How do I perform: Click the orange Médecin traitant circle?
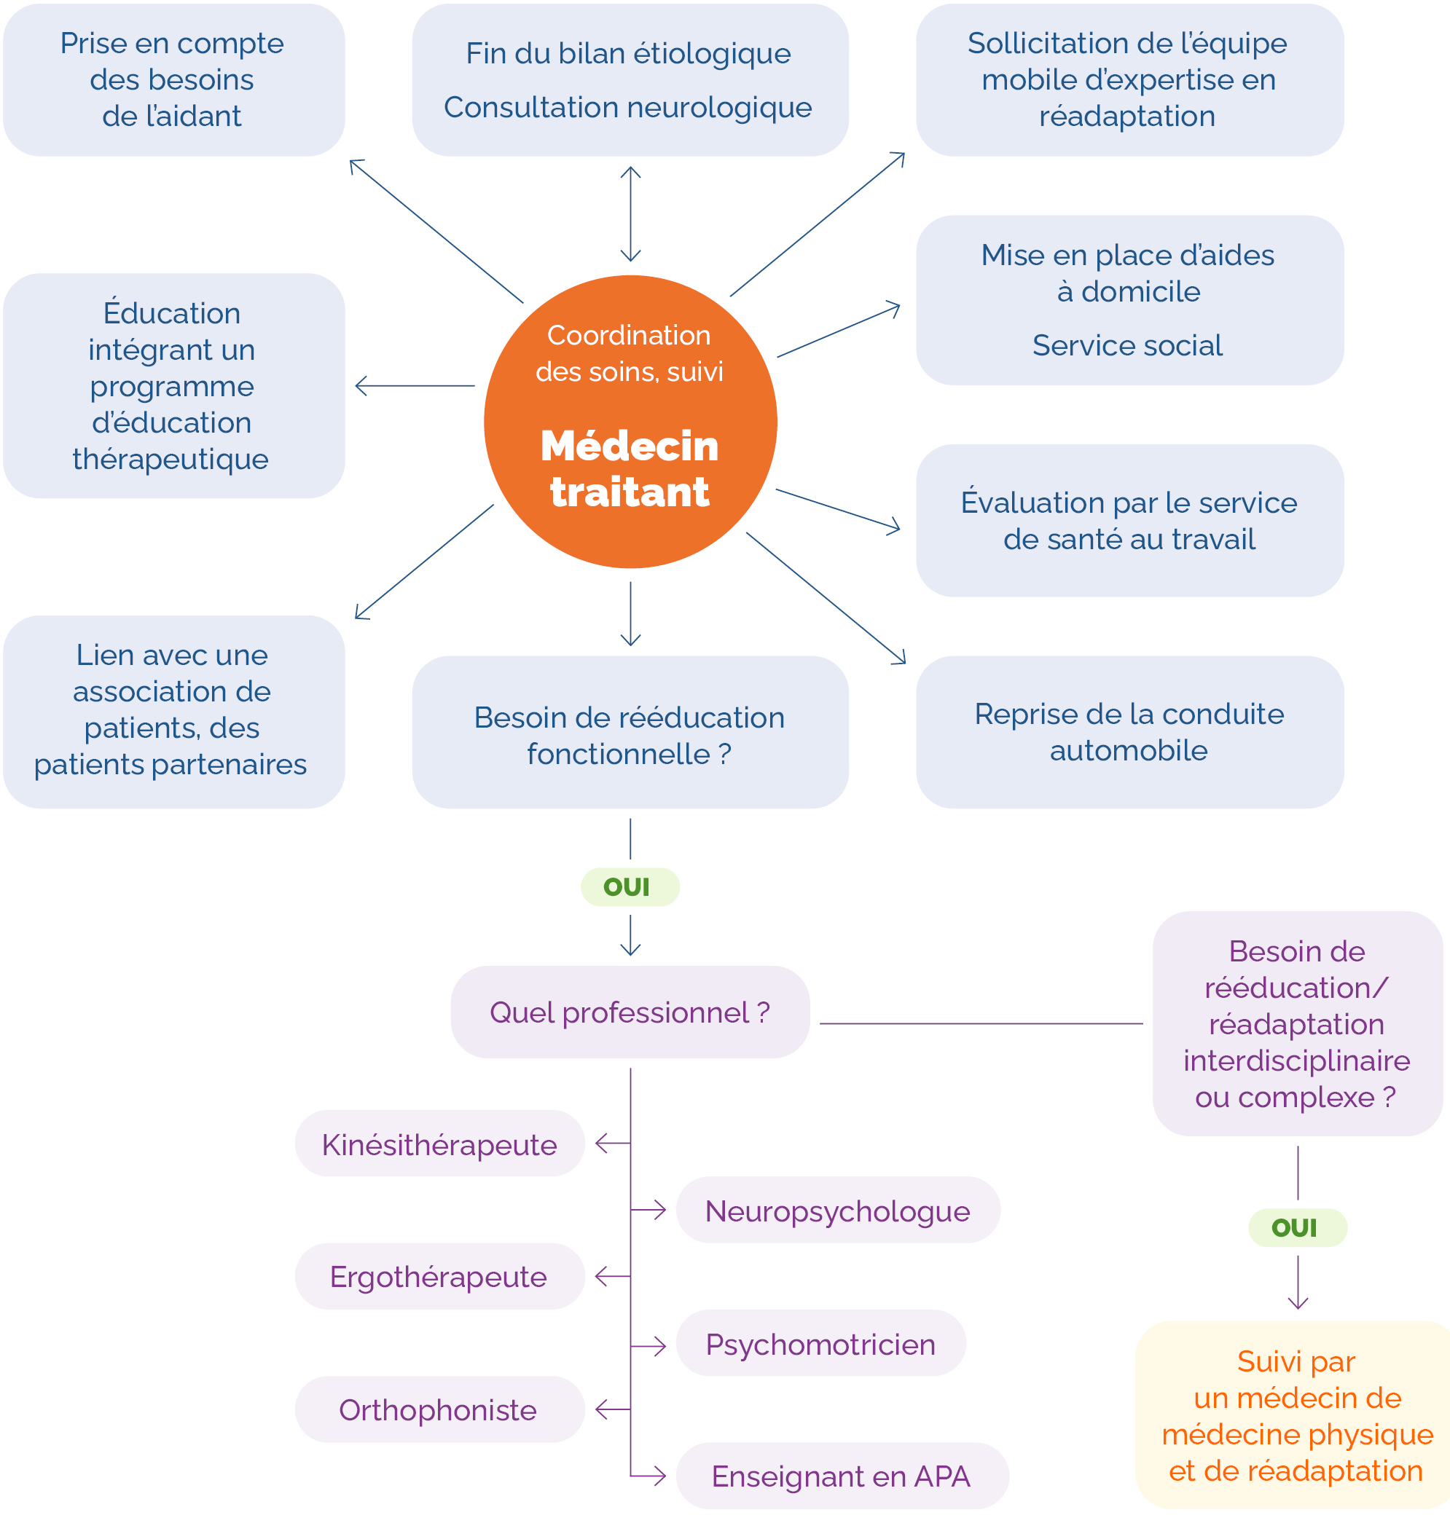point(630,421)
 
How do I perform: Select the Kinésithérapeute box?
point(439,1144)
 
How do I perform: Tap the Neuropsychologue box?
point(837,1211)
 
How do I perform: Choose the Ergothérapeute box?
point(439,1276)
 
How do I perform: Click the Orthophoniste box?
point(439,1410)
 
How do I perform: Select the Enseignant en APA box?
point(841,1476)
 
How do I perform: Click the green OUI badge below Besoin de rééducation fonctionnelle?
point(629,887)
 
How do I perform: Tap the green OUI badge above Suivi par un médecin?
point(1297,1227)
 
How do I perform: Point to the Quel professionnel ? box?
point(630,1012)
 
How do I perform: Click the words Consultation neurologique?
point(627,107)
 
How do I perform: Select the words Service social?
point(1127,345)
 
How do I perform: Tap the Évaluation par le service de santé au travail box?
point(1129,520)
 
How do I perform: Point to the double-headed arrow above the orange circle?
point(631,214)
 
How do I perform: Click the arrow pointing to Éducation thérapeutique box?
point(415,385)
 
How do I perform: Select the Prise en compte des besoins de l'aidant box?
point(173,79)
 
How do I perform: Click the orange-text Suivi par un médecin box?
point(1296,1415)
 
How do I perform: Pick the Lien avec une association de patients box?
point(173,711)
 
